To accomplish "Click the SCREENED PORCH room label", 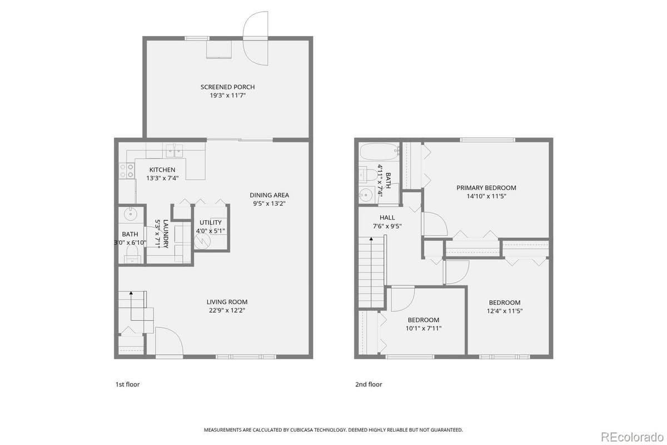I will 227,87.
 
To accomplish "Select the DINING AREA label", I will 269,195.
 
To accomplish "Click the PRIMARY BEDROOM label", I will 486,187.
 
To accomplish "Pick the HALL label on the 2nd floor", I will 387,217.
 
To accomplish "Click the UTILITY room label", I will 210,222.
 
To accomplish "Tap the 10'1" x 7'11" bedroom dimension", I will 423,328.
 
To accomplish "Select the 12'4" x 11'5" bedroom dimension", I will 504,311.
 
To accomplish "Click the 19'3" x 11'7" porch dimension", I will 227,96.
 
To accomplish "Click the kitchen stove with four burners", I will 127,170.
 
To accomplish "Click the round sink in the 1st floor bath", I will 131,214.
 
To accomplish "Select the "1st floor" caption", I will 127,384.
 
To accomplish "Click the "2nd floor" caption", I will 369,384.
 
